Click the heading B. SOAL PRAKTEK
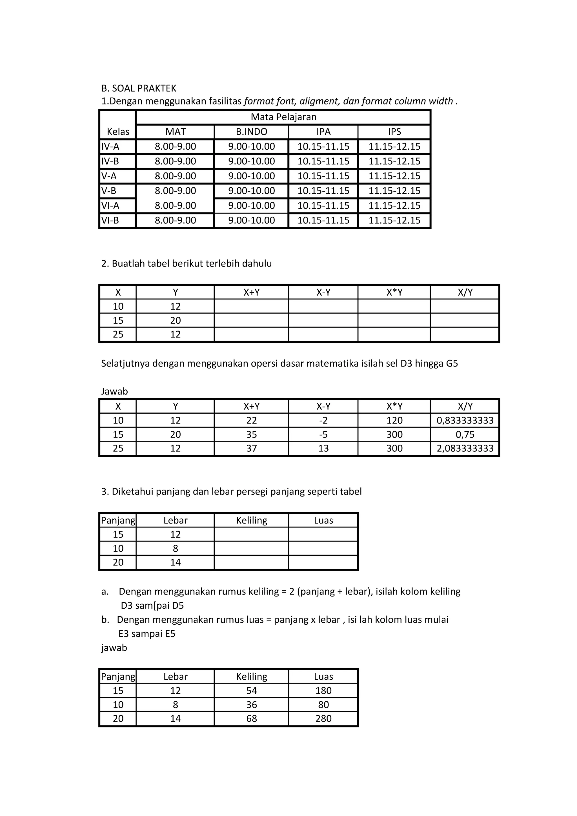point(139,88)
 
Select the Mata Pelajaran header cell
point(283,117)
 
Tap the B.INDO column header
point(251,132)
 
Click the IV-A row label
point(110,147)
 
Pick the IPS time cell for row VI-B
point(394,220)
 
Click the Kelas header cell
point(118,132)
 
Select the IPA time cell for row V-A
point(323,176)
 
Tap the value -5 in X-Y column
point(323,434)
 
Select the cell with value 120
point(394,420)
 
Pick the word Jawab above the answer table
point(114,391)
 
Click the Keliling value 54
point(251,691)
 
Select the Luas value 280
point(323,718)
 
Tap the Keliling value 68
point(251,718)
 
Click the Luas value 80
point(323,704)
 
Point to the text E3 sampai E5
point(147,633)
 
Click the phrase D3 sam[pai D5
point(152,606)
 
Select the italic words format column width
point(407,101)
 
